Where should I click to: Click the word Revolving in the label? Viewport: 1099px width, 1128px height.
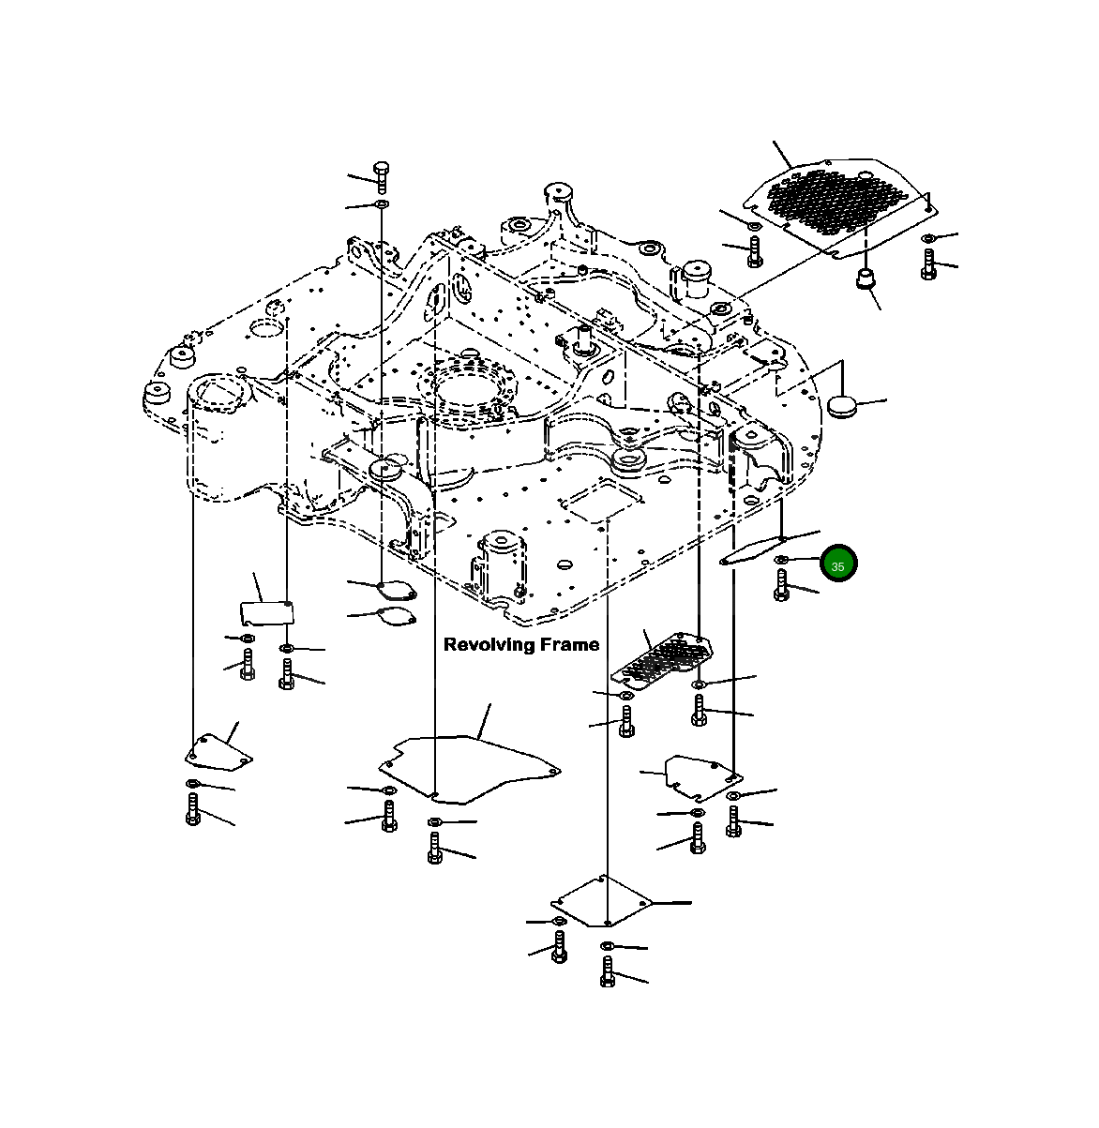(x=487, y=645)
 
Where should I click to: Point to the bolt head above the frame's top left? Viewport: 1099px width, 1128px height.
(x=382, y=169)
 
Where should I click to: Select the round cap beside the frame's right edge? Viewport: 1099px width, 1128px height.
(x=845, y=404)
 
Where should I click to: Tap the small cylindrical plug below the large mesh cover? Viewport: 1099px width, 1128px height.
(x=864, y=278)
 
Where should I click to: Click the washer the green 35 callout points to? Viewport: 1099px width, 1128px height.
(x=781, y=561)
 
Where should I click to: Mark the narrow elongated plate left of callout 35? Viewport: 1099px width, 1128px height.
(x=752, y=551)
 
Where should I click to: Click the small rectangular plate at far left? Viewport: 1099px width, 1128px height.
(x=265, y=611)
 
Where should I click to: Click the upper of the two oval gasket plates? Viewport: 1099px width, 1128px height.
(x=396, y=589)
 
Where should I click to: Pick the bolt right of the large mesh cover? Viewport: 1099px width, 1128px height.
(x=928, y=263)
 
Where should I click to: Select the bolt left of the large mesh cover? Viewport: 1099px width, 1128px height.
(x=755, y=250)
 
